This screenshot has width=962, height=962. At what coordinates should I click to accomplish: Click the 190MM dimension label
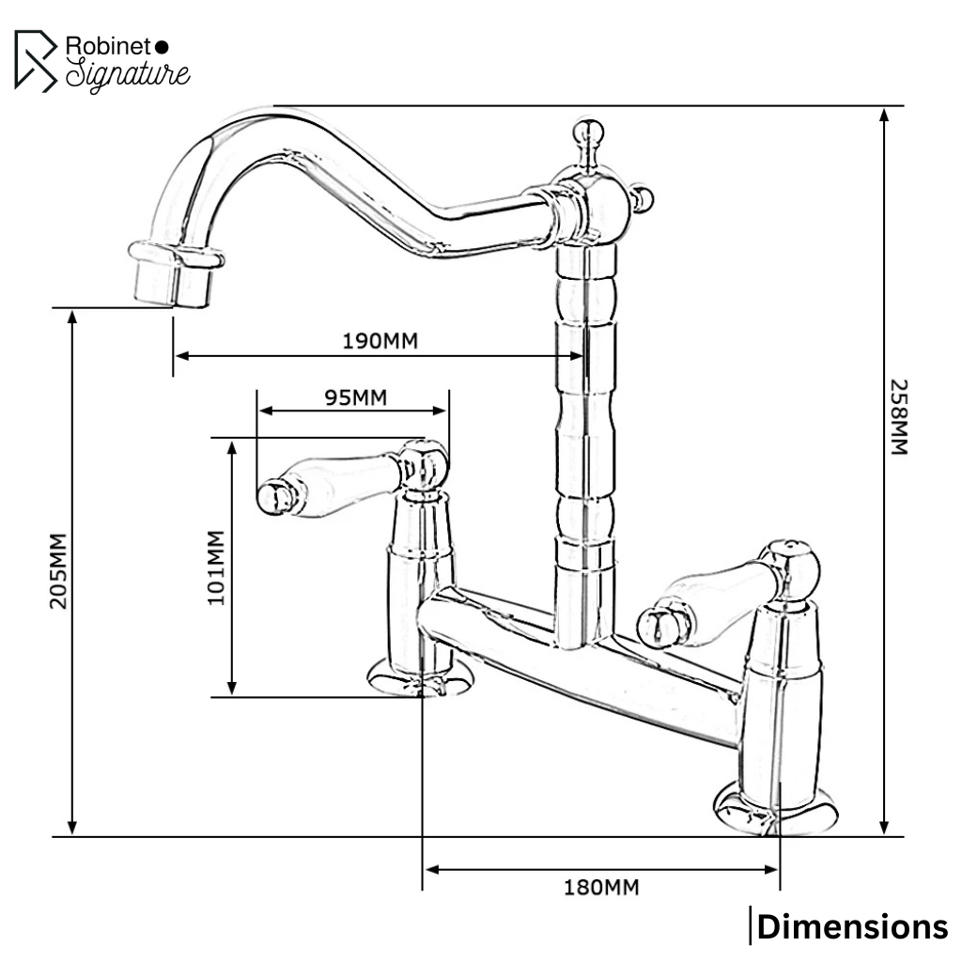click(x=380, y=340)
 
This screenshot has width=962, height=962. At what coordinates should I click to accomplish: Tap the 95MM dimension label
click(x=355, y=396)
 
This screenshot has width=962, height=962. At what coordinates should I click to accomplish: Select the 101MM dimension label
click(x=217, y=567)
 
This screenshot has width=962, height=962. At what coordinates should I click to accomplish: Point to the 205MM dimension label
click(x=58, y=571)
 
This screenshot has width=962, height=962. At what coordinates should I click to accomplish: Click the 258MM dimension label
click(x=899, y=417)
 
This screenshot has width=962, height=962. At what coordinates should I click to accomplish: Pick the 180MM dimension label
click(x=601, y=886)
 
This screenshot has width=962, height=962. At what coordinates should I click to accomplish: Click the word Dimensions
click(x=852, y=927)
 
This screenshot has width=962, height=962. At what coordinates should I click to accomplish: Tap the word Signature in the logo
click(x=128, y=74)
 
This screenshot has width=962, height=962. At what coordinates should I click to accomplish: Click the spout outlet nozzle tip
click(x=172, y=282)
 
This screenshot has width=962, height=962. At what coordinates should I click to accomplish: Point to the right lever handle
click(x=714, y=601)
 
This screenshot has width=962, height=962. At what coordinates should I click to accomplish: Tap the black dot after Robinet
click(x=161, y=45)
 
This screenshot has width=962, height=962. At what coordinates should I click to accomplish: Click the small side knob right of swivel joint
click(x=644, y=199)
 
